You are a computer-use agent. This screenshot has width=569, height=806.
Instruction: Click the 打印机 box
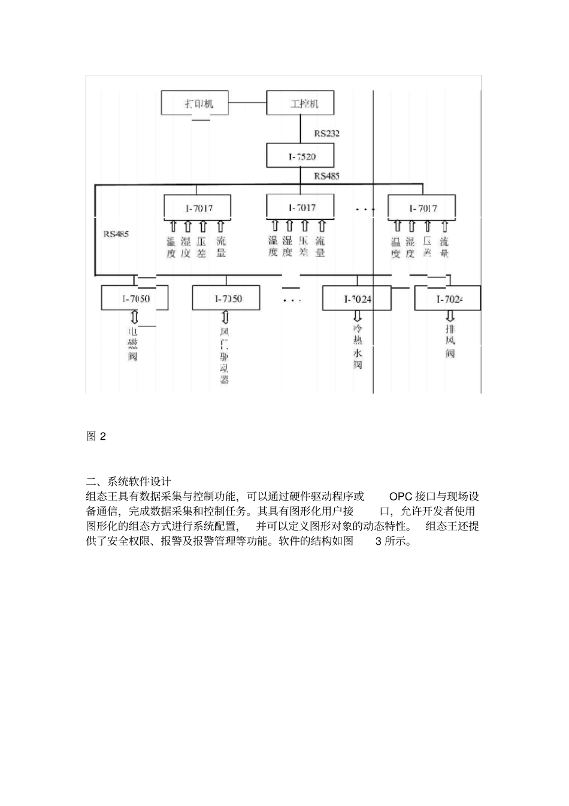(196, 102)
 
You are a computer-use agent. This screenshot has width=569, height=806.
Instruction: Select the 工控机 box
(300, 102)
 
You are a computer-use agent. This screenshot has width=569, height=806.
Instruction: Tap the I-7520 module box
(300, 156)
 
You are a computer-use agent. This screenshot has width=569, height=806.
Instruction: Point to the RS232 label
(326, 134)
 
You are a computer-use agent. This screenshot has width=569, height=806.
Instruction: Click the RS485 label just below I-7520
(326, 176)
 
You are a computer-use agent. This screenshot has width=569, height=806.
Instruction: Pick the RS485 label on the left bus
(116, 234)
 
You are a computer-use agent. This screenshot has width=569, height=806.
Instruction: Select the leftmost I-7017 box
(198, 208)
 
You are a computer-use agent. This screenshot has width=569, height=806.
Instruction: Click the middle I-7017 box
(300, 207)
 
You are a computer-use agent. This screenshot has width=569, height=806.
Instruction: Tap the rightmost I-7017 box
(422, 208)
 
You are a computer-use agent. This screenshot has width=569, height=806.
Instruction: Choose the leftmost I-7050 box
(134, 298)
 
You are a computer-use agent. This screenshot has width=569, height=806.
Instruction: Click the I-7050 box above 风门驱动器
(226, 298)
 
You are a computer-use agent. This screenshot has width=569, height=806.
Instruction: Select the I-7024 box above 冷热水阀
(356, 298)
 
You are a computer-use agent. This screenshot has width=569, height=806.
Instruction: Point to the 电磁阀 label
(133, 344)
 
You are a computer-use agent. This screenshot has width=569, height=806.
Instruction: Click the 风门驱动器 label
(225, 355)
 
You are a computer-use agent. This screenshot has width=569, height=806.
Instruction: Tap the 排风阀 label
(450, 342)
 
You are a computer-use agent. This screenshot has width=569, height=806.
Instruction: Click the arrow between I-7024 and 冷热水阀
(358, 316)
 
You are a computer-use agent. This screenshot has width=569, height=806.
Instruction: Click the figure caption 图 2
(96, 436)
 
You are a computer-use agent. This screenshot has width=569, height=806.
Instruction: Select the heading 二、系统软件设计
(129, 481)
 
